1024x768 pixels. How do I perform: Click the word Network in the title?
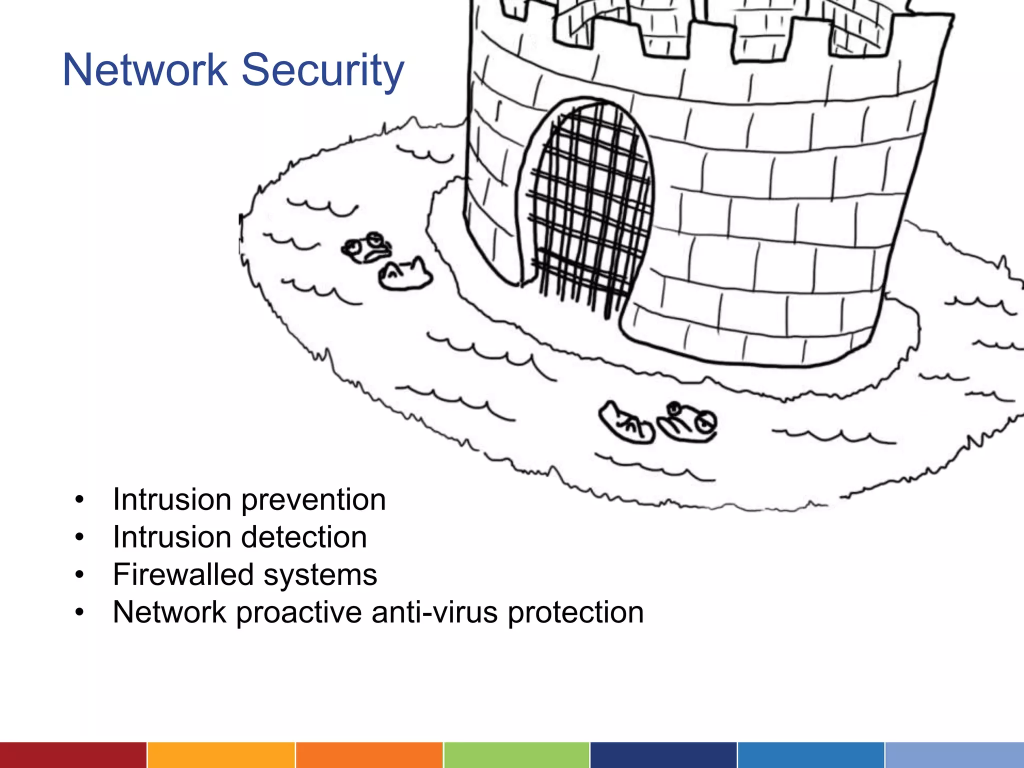tap(144, 70)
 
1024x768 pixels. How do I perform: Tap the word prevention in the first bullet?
tap(313, 500)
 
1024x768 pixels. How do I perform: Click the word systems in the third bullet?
tap(320, 575)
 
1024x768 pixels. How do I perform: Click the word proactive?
tap(298, 613)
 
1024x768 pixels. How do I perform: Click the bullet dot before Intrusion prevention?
tap(79, 500)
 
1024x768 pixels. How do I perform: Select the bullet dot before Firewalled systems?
tap(79, 575)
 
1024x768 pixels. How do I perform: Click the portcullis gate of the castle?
tap(590, 205)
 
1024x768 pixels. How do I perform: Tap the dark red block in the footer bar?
tap(73, 755)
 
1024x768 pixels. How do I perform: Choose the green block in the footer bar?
tap(516, 755)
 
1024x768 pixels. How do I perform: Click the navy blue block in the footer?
tap(663, 755)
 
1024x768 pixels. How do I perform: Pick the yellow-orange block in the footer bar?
tap(221, 755)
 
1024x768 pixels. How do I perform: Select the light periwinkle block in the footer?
tap(954, 755)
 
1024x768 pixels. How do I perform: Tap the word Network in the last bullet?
tap(169, 612)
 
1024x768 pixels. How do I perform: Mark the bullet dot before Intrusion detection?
tap(79, 537)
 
